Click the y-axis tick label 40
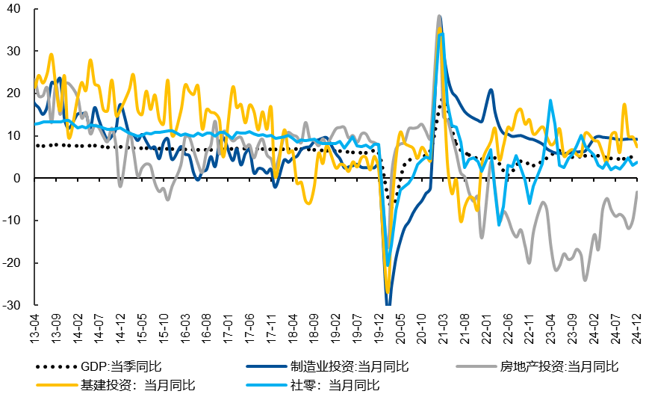(x=15, y=9)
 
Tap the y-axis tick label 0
(x=18, y=179)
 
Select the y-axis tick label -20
(x=13, y=263)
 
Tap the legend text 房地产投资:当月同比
(x=561, y=366)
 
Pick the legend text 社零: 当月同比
(x=336, y=385)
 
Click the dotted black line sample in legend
(x=56, y=366)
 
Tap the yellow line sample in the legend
(x=56, y=385)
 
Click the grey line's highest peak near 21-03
(x=439, y=16)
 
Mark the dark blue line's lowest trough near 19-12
(x=388, y=303)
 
